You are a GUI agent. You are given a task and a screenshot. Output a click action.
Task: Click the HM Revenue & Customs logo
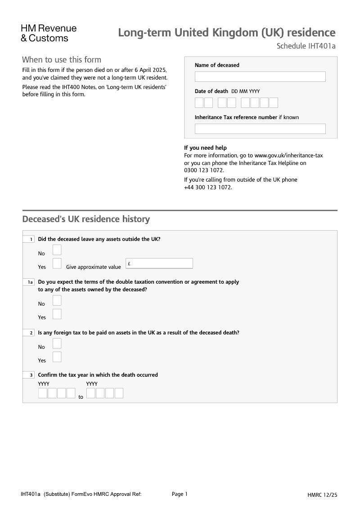(x=49, y=33)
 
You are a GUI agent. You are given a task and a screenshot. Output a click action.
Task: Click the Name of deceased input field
(x=260, y=76)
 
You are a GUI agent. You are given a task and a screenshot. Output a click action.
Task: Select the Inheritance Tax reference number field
(x=260, y=129)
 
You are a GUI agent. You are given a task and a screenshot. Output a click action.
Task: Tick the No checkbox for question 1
(x=57, y=250)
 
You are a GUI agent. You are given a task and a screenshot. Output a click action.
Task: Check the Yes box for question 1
(x=57, y=263)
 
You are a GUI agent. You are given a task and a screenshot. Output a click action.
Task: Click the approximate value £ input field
(x=159, y=263)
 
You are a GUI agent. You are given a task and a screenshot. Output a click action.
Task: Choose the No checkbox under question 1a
(x=57, y=300)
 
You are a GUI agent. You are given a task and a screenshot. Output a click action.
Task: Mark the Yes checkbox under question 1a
(x=57, y=314)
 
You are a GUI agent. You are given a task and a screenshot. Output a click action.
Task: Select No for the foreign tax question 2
(x=57, y=343)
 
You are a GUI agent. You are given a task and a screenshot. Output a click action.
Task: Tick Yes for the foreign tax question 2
(x=57, y=357)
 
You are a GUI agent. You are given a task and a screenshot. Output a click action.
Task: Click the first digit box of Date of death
(x=199, y=103)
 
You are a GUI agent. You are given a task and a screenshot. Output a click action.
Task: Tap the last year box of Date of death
(x=273, y=103)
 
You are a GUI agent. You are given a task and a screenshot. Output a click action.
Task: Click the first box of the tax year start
(x=43, y=393)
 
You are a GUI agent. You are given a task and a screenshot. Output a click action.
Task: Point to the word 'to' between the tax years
(x=81, y=397)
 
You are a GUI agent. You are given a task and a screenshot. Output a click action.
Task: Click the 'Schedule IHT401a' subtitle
(x=306, y=46)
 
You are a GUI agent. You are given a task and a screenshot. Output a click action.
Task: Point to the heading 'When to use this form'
(x=62, y=60)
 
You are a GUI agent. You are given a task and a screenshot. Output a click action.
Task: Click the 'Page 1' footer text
(x=180, y=494)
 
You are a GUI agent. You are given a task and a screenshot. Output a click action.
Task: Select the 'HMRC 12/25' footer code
(x=322, y=495)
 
